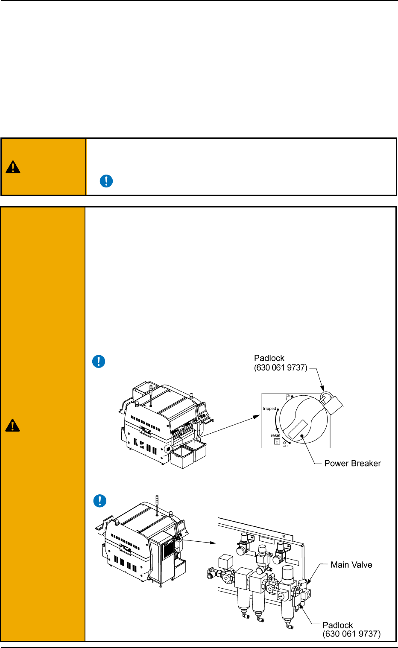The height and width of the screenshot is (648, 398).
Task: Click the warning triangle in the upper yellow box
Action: [x=13, y=167]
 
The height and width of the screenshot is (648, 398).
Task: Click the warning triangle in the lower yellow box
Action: [x=13, y=425]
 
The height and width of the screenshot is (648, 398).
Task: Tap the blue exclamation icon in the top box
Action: [x=106, y=181]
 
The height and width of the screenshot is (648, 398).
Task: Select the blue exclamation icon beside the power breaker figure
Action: [x=99, y=362]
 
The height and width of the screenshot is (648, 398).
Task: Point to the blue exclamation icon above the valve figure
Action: [x=99, y=501]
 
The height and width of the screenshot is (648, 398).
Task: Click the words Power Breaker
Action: [x=352, y=464]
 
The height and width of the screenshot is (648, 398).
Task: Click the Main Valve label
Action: [x=351, y=565]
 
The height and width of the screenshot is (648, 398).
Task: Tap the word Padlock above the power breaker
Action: [x=269, y=358]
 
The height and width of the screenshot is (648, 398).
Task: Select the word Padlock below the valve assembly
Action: [x=337, y=625]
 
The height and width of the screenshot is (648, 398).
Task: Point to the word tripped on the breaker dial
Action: [x=269, y=409]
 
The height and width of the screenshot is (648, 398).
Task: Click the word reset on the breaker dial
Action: [x=275, y=435]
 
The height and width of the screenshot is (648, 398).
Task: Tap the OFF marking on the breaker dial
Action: [x=286, y=446]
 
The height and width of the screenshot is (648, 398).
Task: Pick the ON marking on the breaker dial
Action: [x=288, y=396]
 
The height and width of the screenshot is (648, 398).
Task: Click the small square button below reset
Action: [x=277, y=442]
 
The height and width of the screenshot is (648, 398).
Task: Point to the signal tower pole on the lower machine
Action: [x=157, y=504]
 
